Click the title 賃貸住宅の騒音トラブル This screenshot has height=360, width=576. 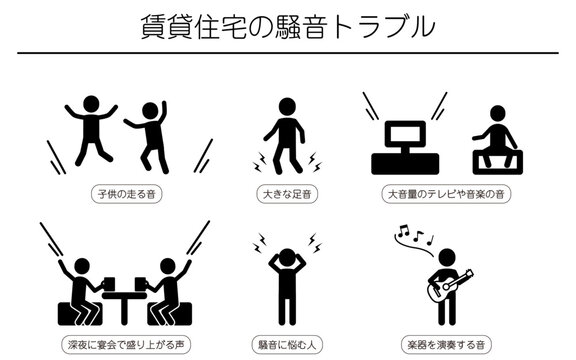288,26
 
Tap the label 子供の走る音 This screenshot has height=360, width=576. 127,194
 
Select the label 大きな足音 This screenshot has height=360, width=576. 287,194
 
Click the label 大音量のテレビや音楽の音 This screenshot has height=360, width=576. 446,194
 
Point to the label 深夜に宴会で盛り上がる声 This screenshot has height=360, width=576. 126,345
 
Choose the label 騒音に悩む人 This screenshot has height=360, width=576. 287,345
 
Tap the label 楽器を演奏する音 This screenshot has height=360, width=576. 446,345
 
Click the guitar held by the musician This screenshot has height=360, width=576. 449,287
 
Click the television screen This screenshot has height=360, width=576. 405,133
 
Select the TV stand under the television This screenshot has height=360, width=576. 405,164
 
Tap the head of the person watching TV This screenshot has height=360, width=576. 498,114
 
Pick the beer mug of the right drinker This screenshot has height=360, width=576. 140,284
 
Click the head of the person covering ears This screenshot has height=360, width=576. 287,257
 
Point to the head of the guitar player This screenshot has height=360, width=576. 447,258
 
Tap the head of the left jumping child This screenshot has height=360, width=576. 91,104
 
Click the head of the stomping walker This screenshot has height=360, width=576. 287,106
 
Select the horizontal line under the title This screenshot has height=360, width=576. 288,53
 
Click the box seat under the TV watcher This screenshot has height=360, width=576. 498,162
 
